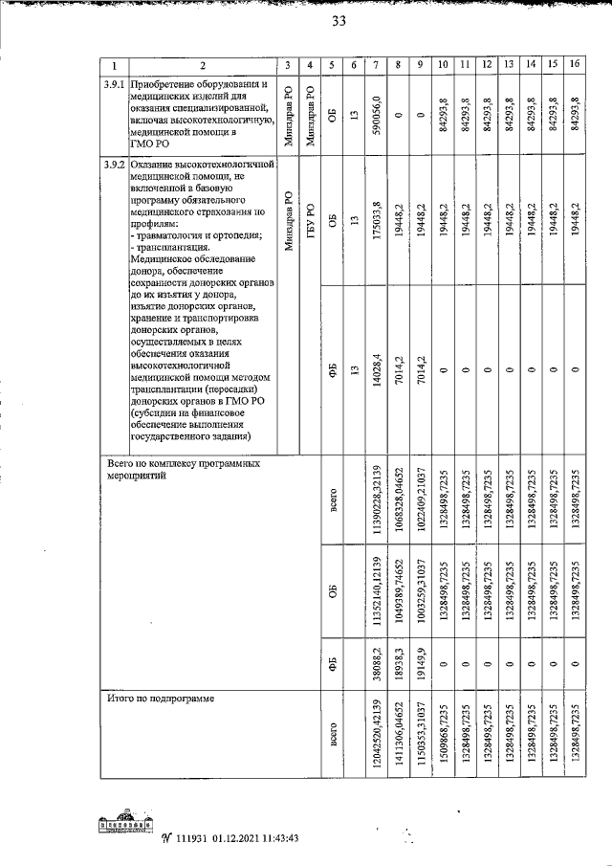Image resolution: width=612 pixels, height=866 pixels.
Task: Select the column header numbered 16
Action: (x=574, y=65)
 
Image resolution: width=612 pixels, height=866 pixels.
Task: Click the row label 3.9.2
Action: (x=115, y=166)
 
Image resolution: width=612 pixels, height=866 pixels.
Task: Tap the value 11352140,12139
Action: (x=377, y=594)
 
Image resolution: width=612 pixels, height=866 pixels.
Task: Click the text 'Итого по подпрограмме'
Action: (x=165, y=699)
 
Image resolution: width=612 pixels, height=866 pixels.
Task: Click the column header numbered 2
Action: (x=202, y=65)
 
